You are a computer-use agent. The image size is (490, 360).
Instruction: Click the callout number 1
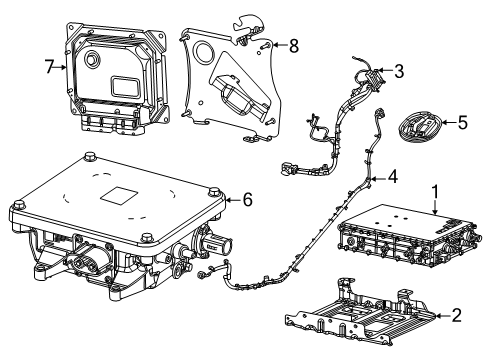(435, 189)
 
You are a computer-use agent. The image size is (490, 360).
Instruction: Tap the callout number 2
(456, 316)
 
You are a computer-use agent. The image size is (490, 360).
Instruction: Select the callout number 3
(399, 71)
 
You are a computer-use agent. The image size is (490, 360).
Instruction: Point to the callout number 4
(393, 176)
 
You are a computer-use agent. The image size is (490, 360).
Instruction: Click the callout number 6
(247, 199)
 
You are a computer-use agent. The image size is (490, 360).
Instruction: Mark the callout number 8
(293, 45)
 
